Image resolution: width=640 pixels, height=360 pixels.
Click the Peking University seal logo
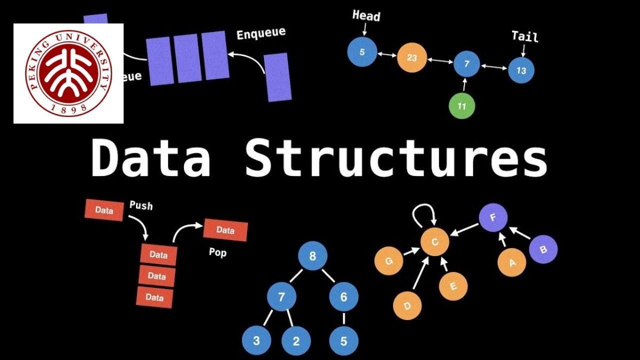pyautogui.click(x=68, y=73)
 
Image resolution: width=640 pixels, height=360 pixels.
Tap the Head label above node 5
pyautogui.click(x=366, y=15)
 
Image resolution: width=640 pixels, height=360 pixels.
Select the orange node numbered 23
pyautogui.click(x=411, y=57)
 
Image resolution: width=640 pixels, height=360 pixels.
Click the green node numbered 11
pyautogui.click(x=461, y=106)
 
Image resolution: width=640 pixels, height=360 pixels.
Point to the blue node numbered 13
pyautogui.click(x=521, y=70)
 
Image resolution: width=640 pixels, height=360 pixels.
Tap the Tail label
pyautogui.click(x=524, y=36)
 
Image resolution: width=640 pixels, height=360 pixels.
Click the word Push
pyautogui.click(x=141, y=205)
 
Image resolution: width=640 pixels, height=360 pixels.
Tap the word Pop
pyautogui.click(x=217, y=252)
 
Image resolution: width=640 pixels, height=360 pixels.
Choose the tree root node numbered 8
pyautogui.click(x=312, y=256)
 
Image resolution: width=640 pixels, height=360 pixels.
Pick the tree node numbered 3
pyautogui.click(x=256, y=341)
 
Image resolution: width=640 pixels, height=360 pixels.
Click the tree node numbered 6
pyautogui.click(x=343, y=296)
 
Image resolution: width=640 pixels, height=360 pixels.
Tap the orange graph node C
pyautogui.click(x=434, y=242)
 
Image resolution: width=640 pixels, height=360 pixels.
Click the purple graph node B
pyautogui.click(x=543, y=249)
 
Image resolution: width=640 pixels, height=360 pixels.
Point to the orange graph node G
pyautogui.click(x=388, y=260)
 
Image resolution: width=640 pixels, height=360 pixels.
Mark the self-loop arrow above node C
pyautogui.click(x=424, y=215)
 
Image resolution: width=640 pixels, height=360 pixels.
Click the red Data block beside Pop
pyautogui.click(x=225, y=230)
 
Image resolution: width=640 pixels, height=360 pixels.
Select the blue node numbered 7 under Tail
pyautogui.click(x=466, y=64)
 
